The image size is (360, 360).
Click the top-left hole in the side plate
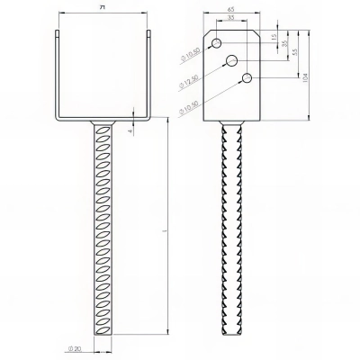[217, 44]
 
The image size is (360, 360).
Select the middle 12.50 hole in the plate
[232, 60]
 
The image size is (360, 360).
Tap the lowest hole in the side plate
[245, 79]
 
